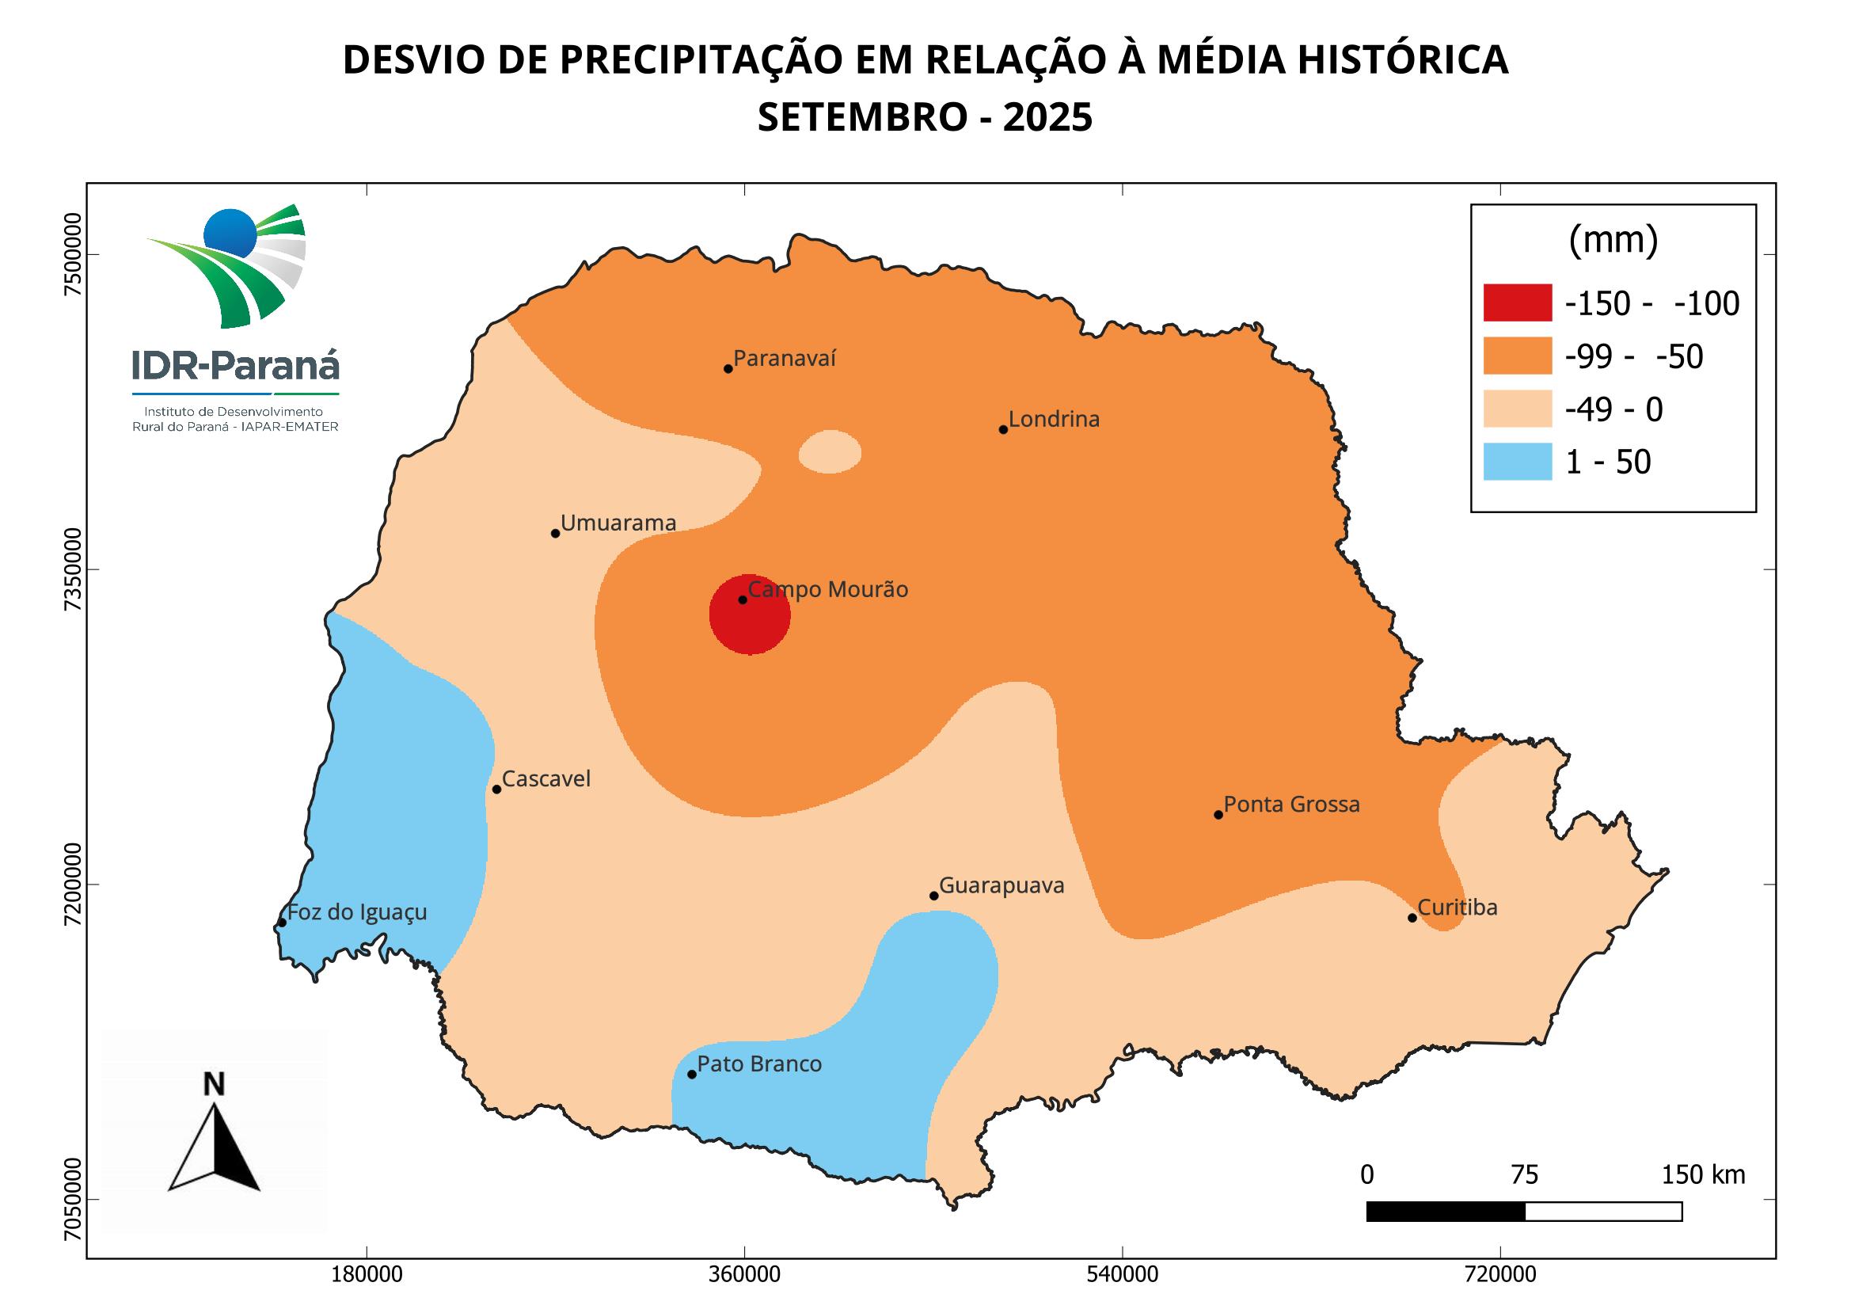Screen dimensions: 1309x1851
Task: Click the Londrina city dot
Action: point(1003,429)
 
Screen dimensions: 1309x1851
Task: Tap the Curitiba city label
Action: point(1457,908)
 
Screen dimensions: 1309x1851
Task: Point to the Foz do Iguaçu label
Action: point(357,912)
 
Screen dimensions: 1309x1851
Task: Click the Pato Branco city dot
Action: point(692,1075)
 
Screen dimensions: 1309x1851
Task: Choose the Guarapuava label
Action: point(1002,885)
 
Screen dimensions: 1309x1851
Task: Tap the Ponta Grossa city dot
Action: point(1218,815)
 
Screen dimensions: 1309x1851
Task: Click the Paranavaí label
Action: point(785,358)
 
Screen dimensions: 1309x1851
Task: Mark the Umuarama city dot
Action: point(555,533)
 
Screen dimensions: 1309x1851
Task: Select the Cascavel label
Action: point(545,778)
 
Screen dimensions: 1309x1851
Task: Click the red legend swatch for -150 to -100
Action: point(1517,303)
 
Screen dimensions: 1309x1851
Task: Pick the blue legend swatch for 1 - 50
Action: point(1517,462)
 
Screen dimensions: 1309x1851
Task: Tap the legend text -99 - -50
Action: point(1633,356)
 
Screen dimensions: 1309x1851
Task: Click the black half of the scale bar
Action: point(1446,1212)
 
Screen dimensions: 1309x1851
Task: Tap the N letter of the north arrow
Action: point(214,1085)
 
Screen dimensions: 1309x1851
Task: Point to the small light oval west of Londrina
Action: point(830,451)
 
